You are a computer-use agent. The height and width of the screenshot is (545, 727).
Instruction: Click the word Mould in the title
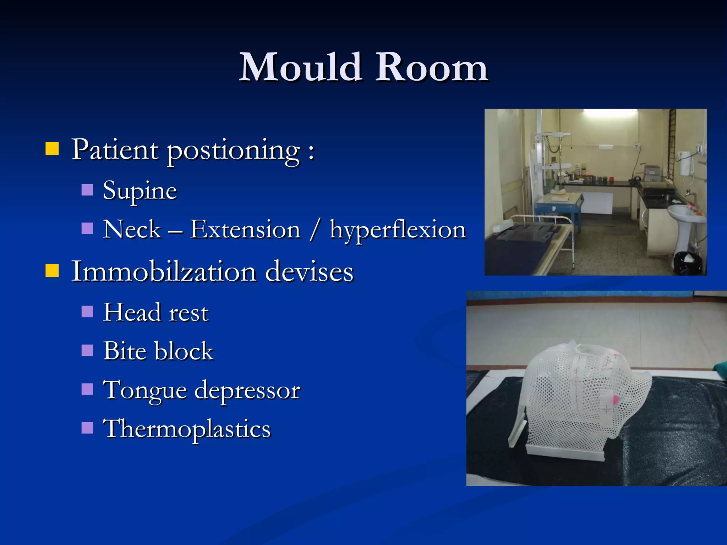click(301, 67)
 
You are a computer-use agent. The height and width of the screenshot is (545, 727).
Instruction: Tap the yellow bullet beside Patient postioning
click(52, 149)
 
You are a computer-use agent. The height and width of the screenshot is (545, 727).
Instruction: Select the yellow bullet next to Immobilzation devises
click(52, 270)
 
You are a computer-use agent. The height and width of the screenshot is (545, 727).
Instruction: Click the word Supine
click(140, 191)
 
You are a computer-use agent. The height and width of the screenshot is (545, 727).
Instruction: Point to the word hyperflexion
click(398, 230)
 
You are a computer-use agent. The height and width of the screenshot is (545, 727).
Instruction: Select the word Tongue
click(144, 390)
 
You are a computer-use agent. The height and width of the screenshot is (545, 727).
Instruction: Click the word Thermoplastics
click(187, 429)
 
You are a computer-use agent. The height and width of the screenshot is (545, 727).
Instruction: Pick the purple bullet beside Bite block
click(87, 351)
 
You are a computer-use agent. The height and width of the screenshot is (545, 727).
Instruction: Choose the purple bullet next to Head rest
click(87, 312)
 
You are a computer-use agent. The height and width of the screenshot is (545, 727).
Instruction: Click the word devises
click(309, 272)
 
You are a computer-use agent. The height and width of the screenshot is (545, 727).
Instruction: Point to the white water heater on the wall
click(684, 162)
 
